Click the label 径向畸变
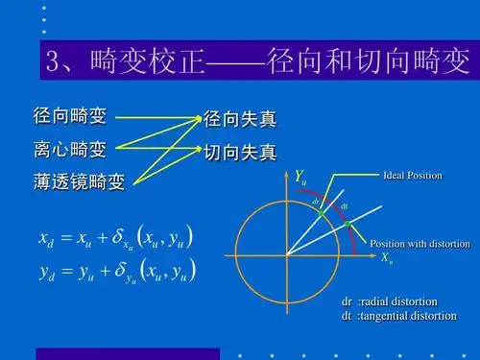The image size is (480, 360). pyautogui.click(x=70, y=117)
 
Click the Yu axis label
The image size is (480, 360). pyautogui.click(x=300, y=177)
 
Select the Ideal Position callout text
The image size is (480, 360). pyautogui.click(x=412, y=176)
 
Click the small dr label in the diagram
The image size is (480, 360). pyautogui.click(x=316, y=203)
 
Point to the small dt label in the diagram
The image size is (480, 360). pyautogui.click(x=345, y=205)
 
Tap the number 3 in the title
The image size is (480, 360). pyautogui.click(x=55, y=63)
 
